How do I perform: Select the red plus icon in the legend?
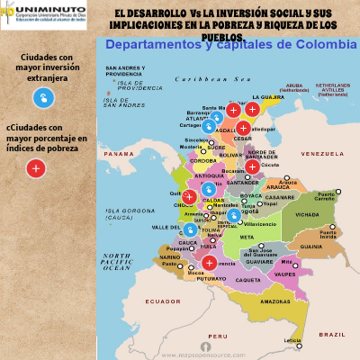point(36,167)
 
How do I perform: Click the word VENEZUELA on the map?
point(317,154)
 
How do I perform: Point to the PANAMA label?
point(119,154)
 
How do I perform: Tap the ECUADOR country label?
point(164,301)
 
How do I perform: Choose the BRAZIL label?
point(331,333)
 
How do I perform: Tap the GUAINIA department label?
point(311,246)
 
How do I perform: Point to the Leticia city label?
point(292,341)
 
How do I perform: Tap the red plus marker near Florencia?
point(209,263)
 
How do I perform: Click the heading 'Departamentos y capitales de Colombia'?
point(230,45)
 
